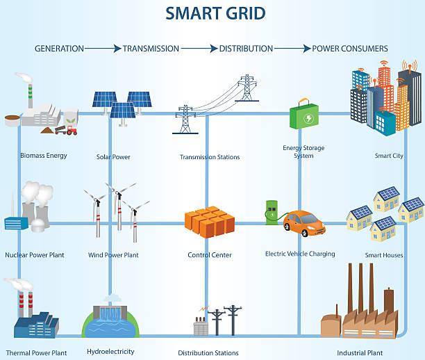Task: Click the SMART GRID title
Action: point(215,14)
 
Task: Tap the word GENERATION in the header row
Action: point(59,49)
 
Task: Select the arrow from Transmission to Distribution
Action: point(199,49)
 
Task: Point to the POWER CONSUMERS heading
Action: point(350,49)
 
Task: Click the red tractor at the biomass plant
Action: point(72,130)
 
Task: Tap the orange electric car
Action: point(304,223)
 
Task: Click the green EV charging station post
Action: point(272,213)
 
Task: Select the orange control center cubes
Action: point(210,222)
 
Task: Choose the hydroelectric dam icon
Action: point(110,322)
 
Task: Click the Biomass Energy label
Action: point(44,156)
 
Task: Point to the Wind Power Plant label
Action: point(113,255)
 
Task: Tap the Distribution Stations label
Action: point(208,353)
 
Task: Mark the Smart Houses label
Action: point(384,255)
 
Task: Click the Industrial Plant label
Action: point(360,353)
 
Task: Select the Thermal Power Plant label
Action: point(36,353)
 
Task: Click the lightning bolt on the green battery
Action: point(308,118)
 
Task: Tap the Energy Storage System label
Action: point(303,152)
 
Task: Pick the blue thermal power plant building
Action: point(36,325)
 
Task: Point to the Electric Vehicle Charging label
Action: point(300,254)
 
